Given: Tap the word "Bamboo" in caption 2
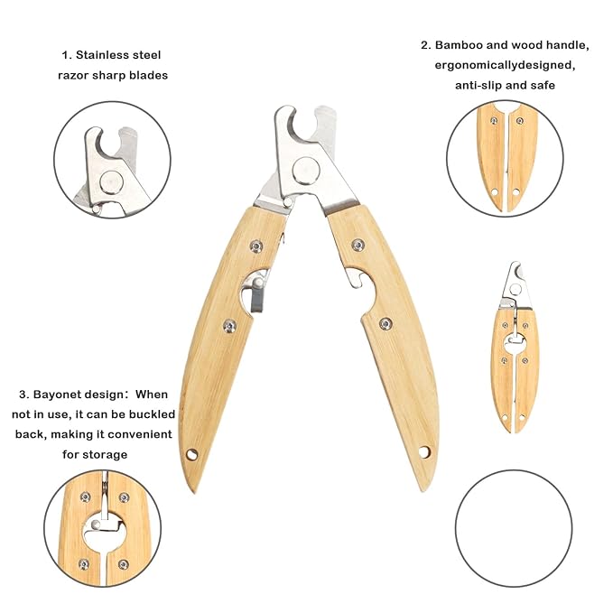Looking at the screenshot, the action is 459,45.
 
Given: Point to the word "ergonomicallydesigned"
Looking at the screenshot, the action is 505,65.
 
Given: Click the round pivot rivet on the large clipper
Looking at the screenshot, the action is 306,171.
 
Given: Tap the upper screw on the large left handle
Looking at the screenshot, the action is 256,246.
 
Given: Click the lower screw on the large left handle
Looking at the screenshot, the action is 229,326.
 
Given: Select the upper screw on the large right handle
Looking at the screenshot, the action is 358,246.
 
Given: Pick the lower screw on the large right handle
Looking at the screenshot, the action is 385,323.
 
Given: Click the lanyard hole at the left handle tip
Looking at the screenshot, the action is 192,455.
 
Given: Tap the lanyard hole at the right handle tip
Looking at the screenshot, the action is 424,452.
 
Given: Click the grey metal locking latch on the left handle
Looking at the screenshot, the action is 257,294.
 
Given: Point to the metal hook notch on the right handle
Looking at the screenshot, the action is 355,278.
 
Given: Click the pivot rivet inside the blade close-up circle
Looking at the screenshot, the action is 111,182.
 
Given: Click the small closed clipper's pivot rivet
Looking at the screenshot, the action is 515,289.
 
